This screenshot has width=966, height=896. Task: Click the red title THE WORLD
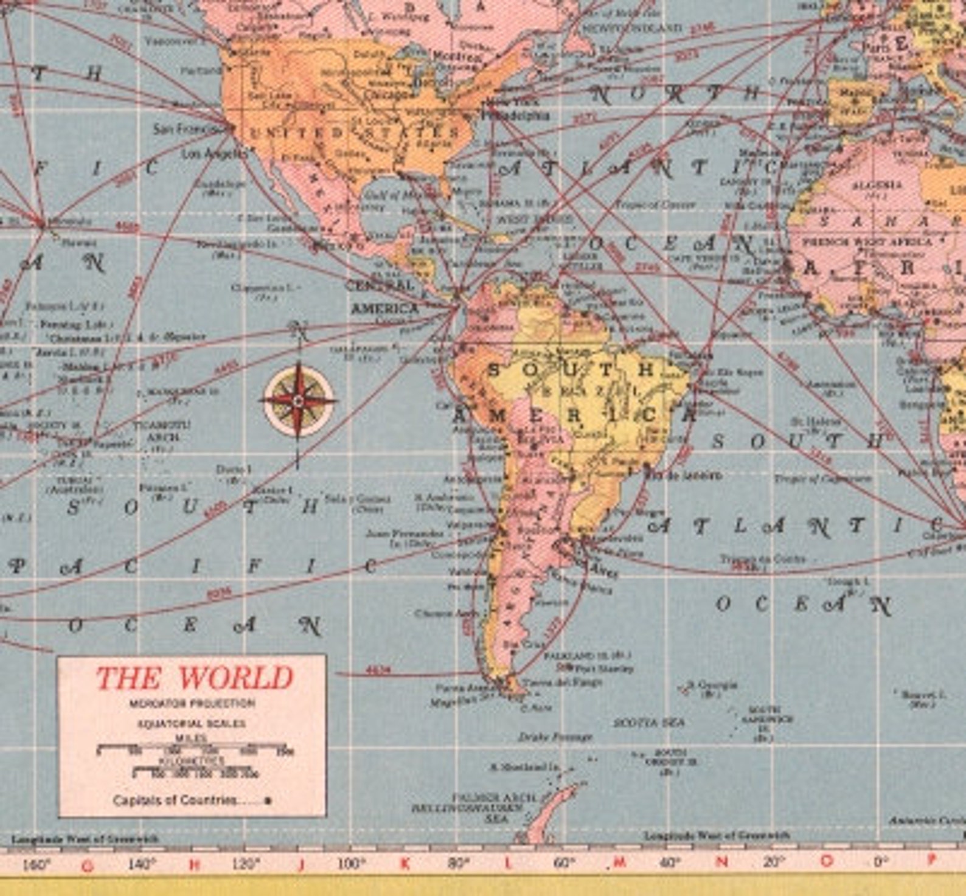(194, 678)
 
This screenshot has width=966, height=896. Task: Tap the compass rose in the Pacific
(298, 401)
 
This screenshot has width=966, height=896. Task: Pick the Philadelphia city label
(517, 115)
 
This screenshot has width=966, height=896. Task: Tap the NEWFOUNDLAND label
(632, 29)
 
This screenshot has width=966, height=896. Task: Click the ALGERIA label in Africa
(877, 185)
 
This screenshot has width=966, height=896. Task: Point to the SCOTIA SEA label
(648, 723)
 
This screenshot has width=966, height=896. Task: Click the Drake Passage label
(555, 737)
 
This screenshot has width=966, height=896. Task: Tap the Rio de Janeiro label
(684, 474)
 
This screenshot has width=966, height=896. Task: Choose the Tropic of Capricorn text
(822, 479)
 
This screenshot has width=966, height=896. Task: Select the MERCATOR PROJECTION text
(192, 704)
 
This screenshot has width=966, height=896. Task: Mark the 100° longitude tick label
(351, 863)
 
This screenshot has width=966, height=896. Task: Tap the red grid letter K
(405, 863)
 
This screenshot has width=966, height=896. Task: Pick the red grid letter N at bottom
(721, 862)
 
